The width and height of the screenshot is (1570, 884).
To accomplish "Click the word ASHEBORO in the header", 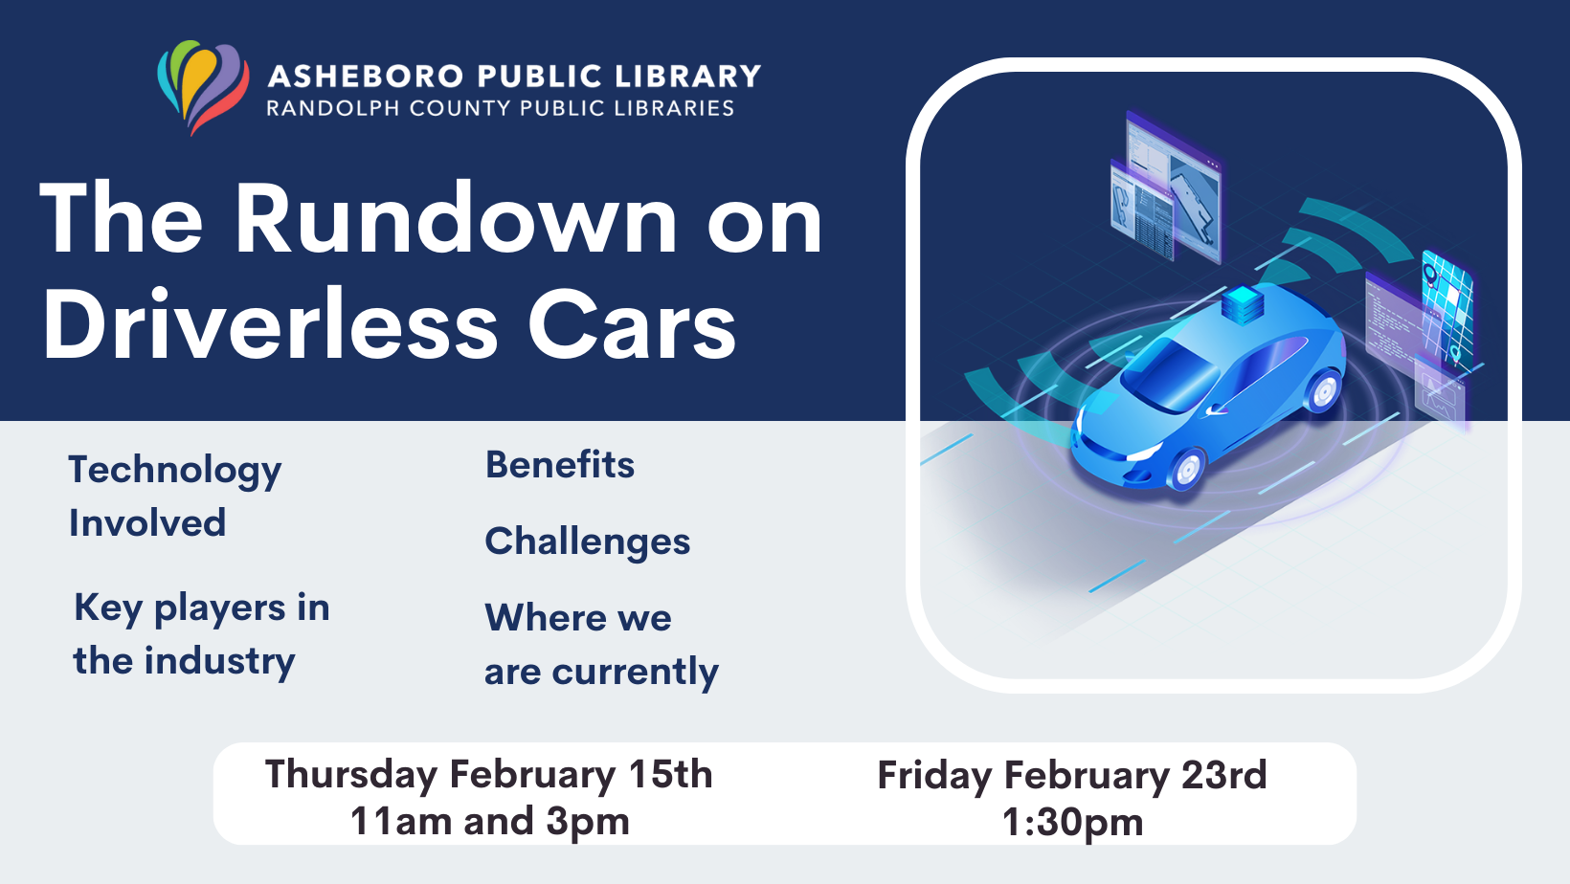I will tap(366, 77).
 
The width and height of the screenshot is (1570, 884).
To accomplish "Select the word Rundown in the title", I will tap(456, 220).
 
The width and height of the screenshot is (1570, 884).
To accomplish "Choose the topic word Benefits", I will tap(560, 465).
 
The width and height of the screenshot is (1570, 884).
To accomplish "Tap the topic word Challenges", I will tap(587, 541).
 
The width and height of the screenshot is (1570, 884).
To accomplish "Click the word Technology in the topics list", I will tap(175, 470).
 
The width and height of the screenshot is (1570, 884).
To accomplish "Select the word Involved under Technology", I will tap(147, 523).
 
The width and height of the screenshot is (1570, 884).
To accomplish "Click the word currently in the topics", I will tap(635, 672).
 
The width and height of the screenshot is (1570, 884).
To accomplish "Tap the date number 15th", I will tap(670, 774).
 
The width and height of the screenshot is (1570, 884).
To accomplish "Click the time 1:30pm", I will tap(1072, 822).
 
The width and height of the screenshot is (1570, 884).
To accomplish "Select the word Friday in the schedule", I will tap(933, 775).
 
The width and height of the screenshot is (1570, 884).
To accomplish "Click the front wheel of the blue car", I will tap(1188, 469).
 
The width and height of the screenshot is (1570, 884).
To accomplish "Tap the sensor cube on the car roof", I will tap(1243, 304).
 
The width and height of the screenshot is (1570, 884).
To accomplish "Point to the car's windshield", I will tap(1170, 374).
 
